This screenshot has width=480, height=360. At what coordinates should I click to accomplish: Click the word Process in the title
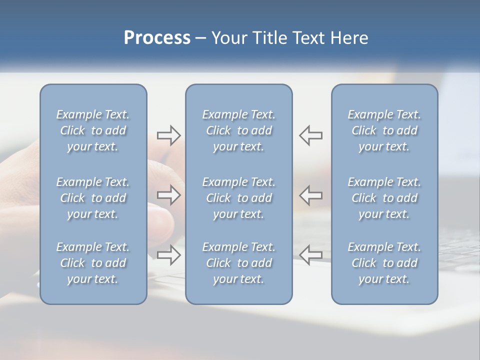tap(157, 38)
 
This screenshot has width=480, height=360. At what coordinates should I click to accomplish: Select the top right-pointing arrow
tap(169, 135)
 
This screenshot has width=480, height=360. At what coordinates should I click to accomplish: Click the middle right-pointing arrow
tap(169, 195)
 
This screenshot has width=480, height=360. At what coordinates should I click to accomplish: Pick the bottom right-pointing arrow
tap(169, 255)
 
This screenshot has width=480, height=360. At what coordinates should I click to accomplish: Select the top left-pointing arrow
tap(311, 135)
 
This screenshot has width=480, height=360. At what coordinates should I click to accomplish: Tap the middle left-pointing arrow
tap(311, 195)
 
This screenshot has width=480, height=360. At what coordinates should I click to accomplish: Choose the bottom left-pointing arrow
tap(311, 255)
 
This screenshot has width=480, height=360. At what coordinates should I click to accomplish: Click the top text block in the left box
tap(93, 130)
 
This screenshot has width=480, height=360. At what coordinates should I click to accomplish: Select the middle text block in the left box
tap(93, 198)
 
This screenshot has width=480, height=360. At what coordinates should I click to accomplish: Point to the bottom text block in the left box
tap(93, 263)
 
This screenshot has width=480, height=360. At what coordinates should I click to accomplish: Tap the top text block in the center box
tap(239, 130)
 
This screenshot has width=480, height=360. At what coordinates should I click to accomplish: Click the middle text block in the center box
tap(239, 198)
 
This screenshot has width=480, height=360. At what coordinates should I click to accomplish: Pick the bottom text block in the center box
tap(239, 263)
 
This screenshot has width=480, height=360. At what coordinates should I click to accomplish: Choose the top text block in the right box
tap(384, 130)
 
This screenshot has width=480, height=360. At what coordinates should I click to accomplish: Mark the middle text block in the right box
tap(384, 198)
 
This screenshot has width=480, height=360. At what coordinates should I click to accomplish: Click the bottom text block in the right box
tap(384, 263)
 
